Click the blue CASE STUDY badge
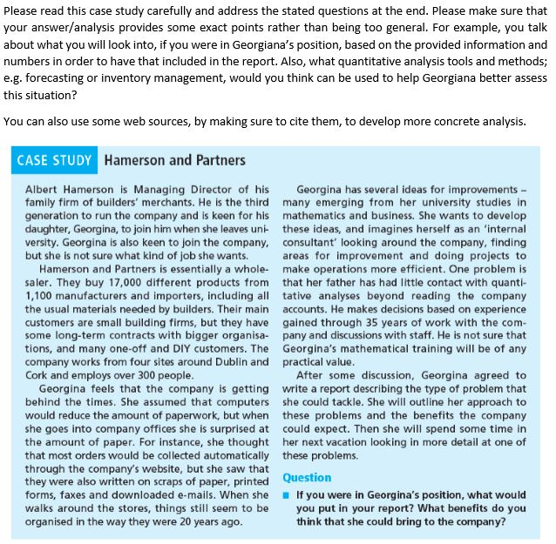54,160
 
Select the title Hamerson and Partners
174,160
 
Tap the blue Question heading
307,478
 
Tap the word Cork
38,366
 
